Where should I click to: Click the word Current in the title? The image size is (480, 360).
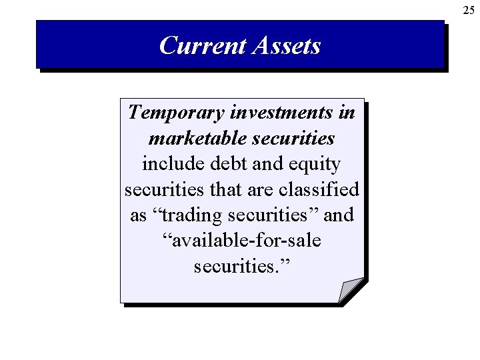[x=201, y=45]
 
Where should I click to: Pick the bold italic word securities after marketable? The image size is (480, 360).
[x=290, y=138]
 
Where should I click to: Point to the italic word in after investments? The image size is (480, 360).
[x=347, y=112]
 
